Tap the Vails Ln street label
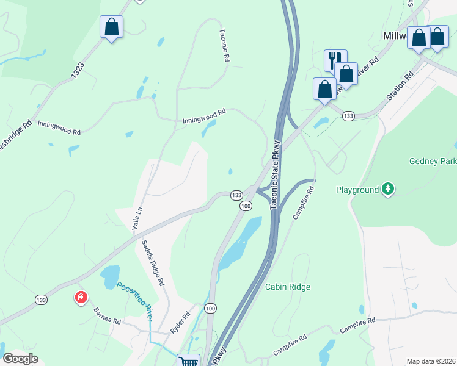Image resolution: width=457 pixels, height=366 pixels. click(x=137, y=218)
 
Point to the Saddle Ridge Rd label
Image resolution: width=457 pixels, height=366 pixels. click(x=153, y=264)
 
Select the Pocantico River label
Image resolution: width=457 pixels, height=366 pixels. click(x=134, y=297)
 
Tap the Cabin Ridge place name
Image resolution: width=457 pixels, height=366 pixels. click(x=287, y=287)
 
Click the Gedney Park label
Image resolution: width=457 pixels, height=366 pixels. click(x=432, y=162)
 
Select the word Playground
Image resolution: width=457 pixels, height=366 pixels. click(x=357, y=190)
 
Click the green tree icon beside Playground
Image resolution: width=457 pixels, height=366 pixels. click(x=387, y=190)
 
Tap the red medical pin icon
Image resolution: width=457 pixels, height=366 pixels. click(x=81, y=298)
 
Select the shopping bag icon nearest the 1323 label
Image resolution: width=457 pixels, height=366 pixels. click(x=111, y=27)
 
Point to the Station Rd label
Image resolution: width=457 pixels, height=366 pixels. click(x=400, y=87)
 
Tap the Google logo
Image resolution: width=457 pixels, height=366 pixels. click(x=21, y=359)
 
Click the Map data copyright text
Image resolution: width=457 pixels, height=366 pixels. click(x=431, y=361)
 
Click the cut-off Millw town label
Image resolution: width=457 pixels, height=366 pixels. click(x=395, y=37)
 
